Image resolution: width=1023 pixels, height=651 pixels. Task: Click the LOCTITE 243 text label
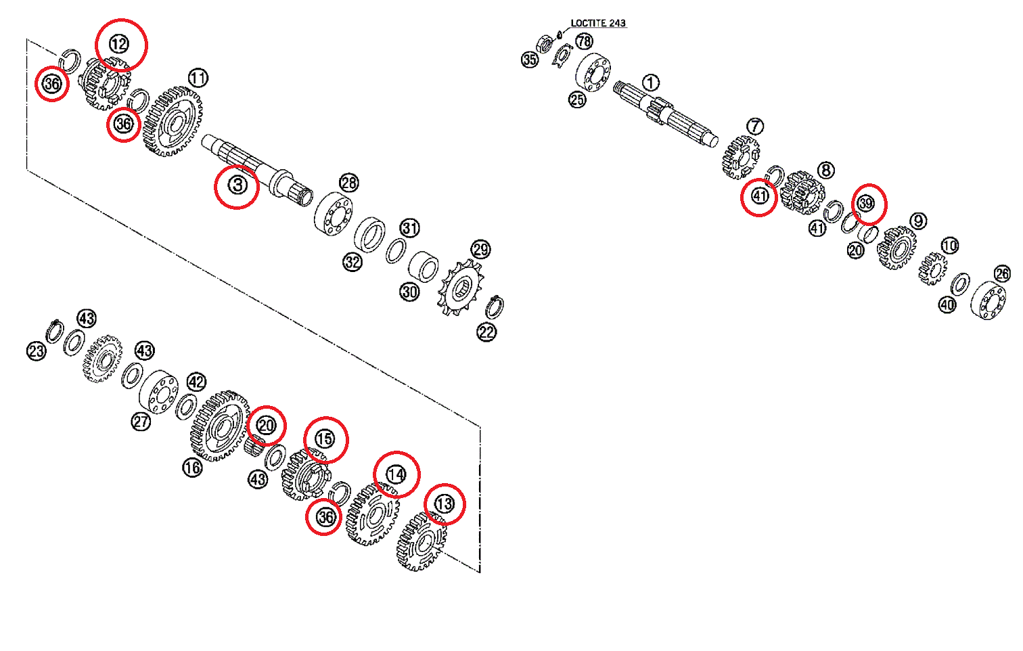pos(598,23)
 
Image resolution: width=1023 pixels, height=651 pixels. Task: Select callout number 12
pos(119,45)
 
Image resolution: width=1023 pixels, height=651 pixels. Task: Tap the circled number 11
pos(198,78)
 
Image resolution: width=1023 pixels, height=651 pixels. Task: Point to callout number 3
pos(237,185)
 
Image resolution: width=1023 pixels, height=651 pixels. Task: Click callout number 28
pos(348,183)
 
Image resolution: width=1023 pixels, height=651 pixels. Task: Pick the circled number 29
pos(480,250)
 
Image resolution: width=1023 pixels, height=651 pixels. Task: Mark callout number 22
pos(487,332)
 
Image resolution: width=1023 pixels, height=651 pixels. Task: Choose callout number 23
pos(37,351)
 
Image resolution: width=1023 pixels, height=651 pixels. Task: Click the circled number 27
pos(141,422)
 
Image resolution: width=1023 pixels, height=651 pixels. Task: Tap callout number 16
pos(193,467)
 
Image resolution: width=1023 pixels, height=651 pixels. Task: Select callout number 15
pos(325,439)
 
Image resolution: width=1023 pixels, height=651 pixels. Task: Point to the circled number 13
pos(444,504)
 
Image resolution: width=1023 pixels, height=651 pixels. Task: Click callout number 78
pos(584,42)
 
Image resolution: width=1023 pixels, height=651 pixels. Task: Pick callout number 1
pos(650,83)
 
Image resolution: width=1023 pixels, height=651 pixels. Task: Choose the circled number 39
pos(866,203)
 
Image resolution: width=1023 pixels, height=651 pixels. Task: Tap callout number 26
pos(1003,273)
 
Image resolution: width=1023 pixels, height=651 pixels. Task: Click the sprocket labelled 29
pos(461,288)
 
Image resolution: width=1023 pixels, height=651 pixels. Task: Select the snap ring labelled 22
pos(495,307)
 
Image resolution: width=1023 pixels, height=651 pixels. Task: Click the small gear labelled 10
pos(933,269)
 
